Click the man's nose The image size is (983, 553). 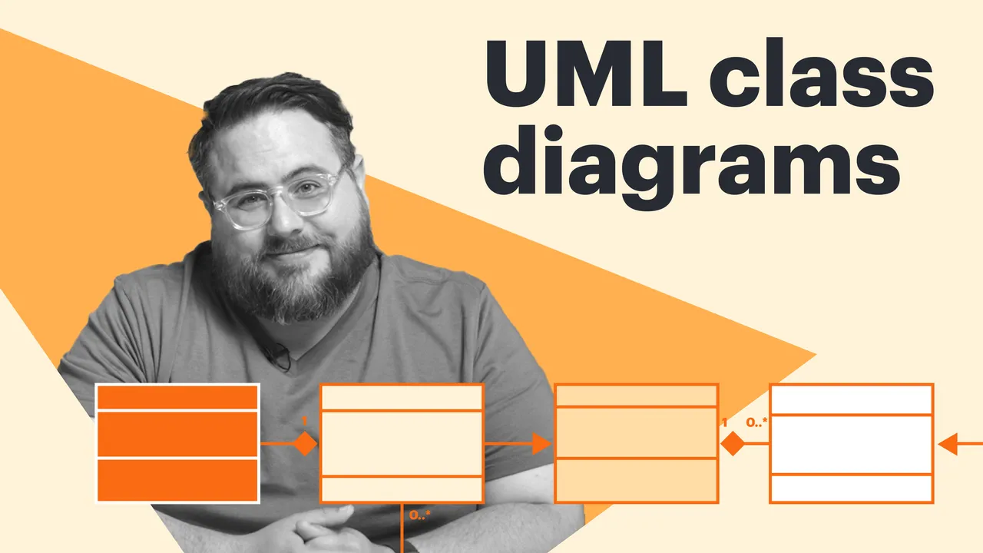pos(287,216)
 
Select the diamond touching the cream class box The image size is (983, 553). pos(306,444)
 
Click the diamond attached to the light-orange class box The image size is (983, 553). pos(733,444)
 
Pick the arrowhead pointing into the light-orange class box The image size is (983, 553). pos(541,444)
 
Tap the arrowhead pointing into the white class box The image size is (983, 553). pos(947,444)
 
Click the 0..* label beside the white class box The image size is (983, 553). pos(757,422)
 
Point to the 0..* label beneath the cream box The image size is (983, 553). pos(420,515)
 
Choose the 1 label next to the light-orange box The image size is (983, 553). pos(724,422)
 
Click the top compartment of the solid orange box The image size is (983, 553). pos(177,397)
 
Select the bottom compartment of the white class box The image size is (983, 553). pos(852,488)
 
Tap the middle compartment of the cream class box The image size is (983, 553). pos(402,444)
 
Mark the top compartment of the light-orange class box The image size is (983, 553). pos(637,396)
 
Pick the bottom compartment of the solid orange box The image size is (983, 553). pos(177,480)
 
